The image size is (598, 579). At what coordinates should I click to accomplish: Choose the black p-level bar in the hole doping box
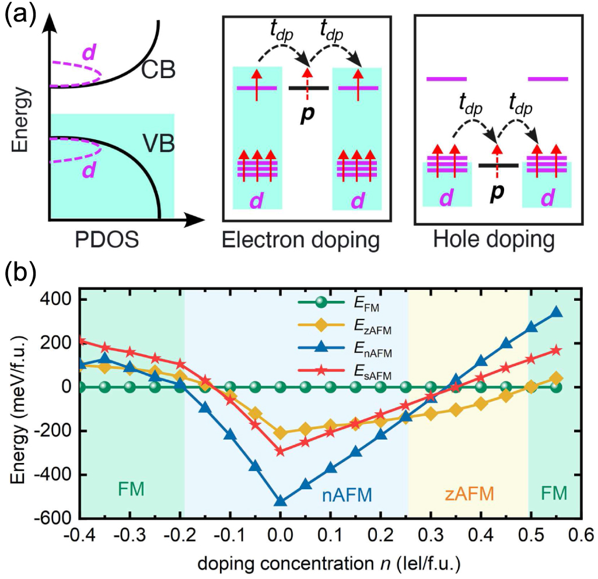498,166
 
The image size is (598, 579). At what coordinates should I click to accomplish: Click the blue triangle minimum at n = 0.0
281,501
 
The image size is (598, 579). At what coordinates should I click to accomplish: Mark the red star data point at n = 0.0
281,451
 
